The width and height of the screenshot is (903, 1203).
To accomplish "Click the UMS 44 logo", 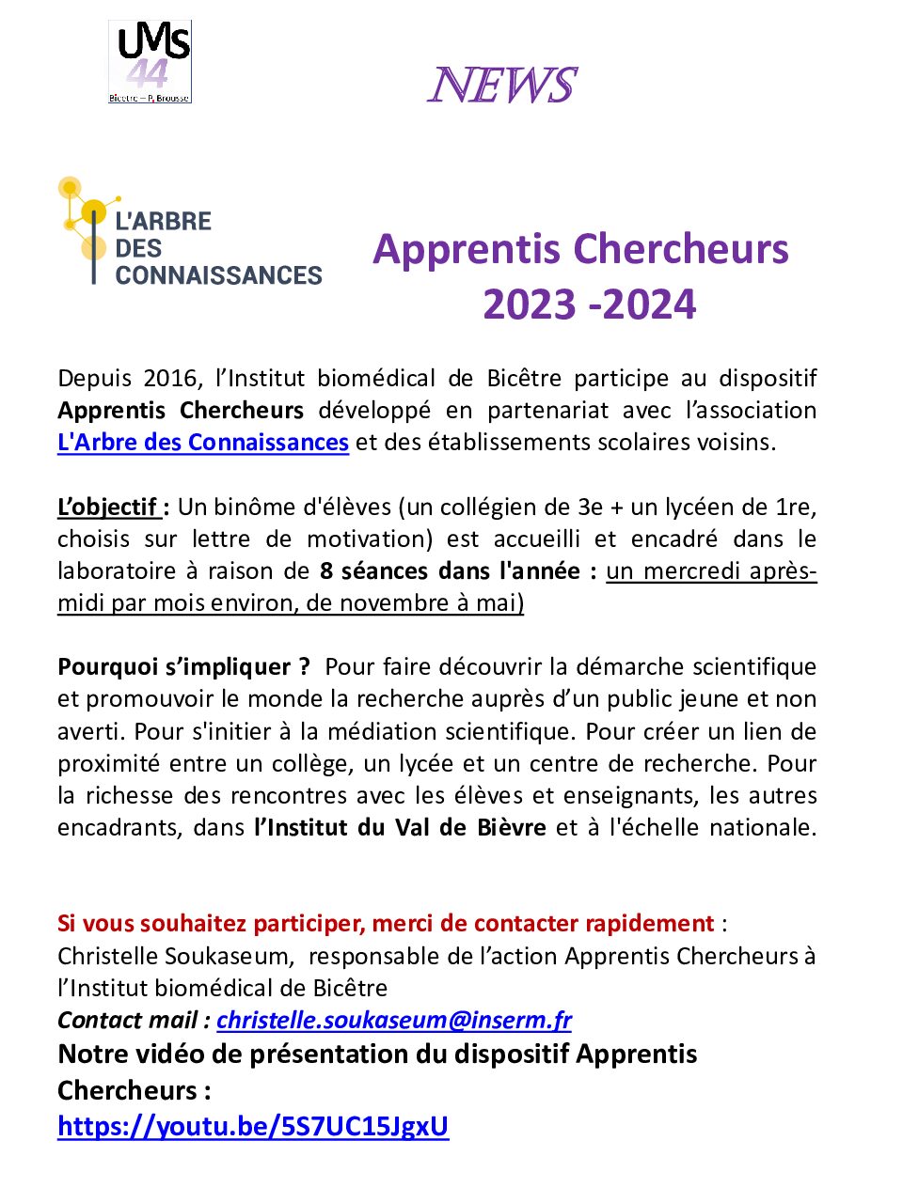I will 150,62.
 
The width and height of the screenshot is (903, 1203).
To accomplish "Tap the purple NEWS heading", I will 501,86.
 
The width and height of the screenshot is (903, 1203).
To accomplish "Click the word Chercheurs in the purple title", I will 681,249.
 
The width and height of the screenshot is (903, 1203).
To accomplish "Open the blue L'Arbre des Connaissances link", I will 203,443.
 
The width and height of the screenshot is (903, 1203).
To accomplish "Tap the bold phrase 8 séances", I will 373,571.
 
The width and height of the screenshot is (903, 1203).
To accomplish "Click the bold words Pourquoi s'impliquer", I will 182,667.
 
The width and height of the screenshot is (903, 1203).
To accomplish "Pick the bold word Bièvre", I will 511,828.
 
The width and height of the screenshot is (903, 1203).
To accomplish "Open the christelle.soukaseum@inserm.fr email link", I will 394,1021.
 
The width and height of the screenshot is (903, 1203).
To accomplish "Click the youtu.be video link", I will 253,1126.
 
